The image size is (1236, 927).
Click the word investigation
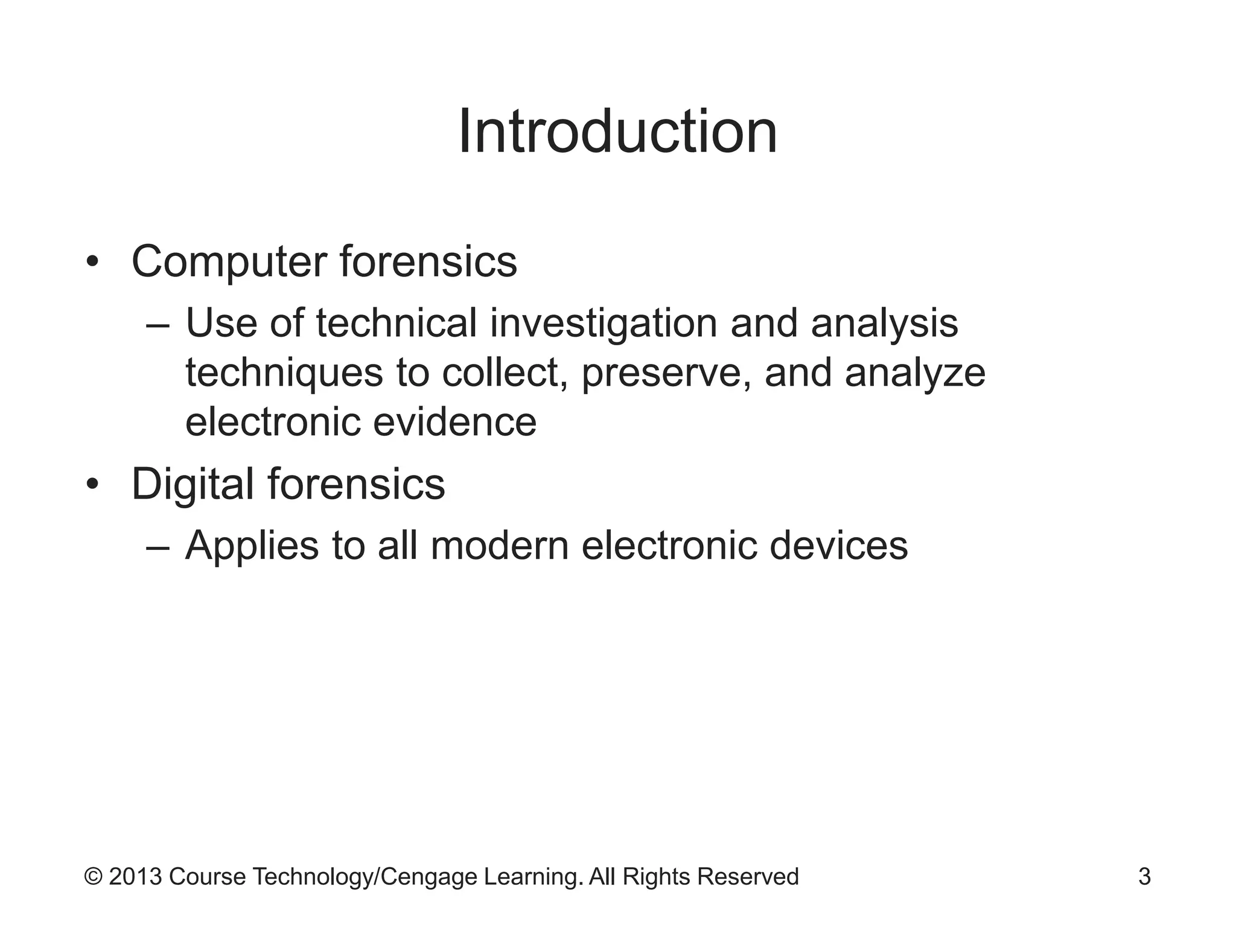tap(604, 323)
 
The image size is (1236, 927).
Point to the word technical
tap(397, 323)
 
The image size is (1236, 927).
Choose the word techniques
tap(284, 373)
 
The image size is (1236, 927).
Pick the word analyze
tap(915, 373)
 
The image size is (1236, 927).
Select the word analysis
tap(884, 323)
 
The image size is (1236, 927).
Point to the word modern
tap(500, 546)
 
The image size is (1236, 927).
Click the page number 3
tap(1144, 877)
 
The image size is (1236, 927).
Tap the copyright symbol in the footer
tap(93, 877)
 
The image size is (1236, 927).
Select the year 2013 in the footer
tap(135, 877)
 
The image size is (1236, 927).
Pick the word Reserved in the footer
tap(748, 877)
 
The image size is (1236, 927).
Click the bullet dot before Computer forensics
tap(92, 263)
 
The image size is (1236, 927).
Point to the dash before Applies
tap(158, 547)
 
